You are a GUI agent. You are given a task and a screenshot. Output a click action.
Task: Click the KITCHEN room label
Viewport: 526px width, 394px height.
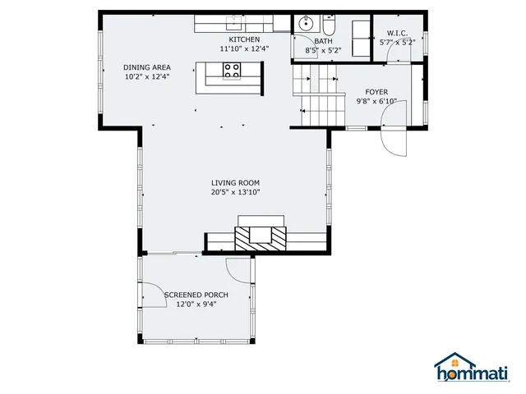click(x=244, y=39)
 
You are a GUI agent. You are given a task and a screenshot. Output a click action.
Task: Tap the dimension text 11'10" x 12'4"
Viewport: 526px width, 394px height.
click(x=244, y=49)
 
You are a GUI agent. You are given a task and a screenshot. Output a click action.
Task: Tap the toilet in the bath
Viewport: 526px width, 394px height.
click(x=328, y=22)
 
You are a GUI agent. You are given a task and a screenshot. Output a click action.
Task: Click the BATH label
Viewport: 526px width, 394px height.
click(x=323, y=40)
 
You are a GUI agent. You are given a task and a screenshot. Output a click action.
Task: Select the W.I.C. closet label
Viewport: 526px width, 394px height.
click(x=398, y=33)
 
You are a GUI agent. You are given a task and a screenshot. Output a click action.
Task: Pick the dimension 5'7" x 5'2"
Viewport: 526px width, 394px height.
click(x=398, y=42)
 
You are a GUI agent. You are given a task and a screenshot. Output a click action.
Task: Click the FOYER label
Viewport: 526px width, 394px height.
click(x=376, y=92)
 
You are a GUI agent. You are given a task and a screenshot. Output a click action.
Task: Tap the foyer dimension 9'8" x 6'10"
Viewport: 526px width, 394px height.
click(x=376, y=102)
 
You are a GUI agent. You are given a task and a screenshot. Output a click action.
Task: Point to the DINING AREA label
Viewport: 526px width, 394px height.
click(x=147, y=67)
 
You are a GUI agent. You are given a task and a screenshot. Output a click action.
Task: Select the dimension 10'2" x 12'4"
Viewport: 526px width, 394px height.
click(x=147, y=77)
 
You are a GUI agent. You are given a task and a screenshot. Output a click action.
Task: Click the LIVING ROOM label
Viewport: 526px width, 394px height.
click(x=235, y=182)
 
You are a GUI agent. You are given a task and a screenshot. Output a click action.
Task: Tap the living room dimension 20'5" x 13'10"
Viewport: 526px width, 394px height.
click(x=235, y=192)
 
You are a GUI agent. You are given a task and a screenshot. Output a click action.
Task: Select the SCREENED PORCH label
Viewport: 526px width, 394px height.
click(x=196, y=295)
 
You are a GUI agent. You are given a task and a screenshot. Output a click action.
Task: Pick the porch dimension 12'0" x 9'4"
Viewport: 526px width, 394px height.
click(x=196, y=305)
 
